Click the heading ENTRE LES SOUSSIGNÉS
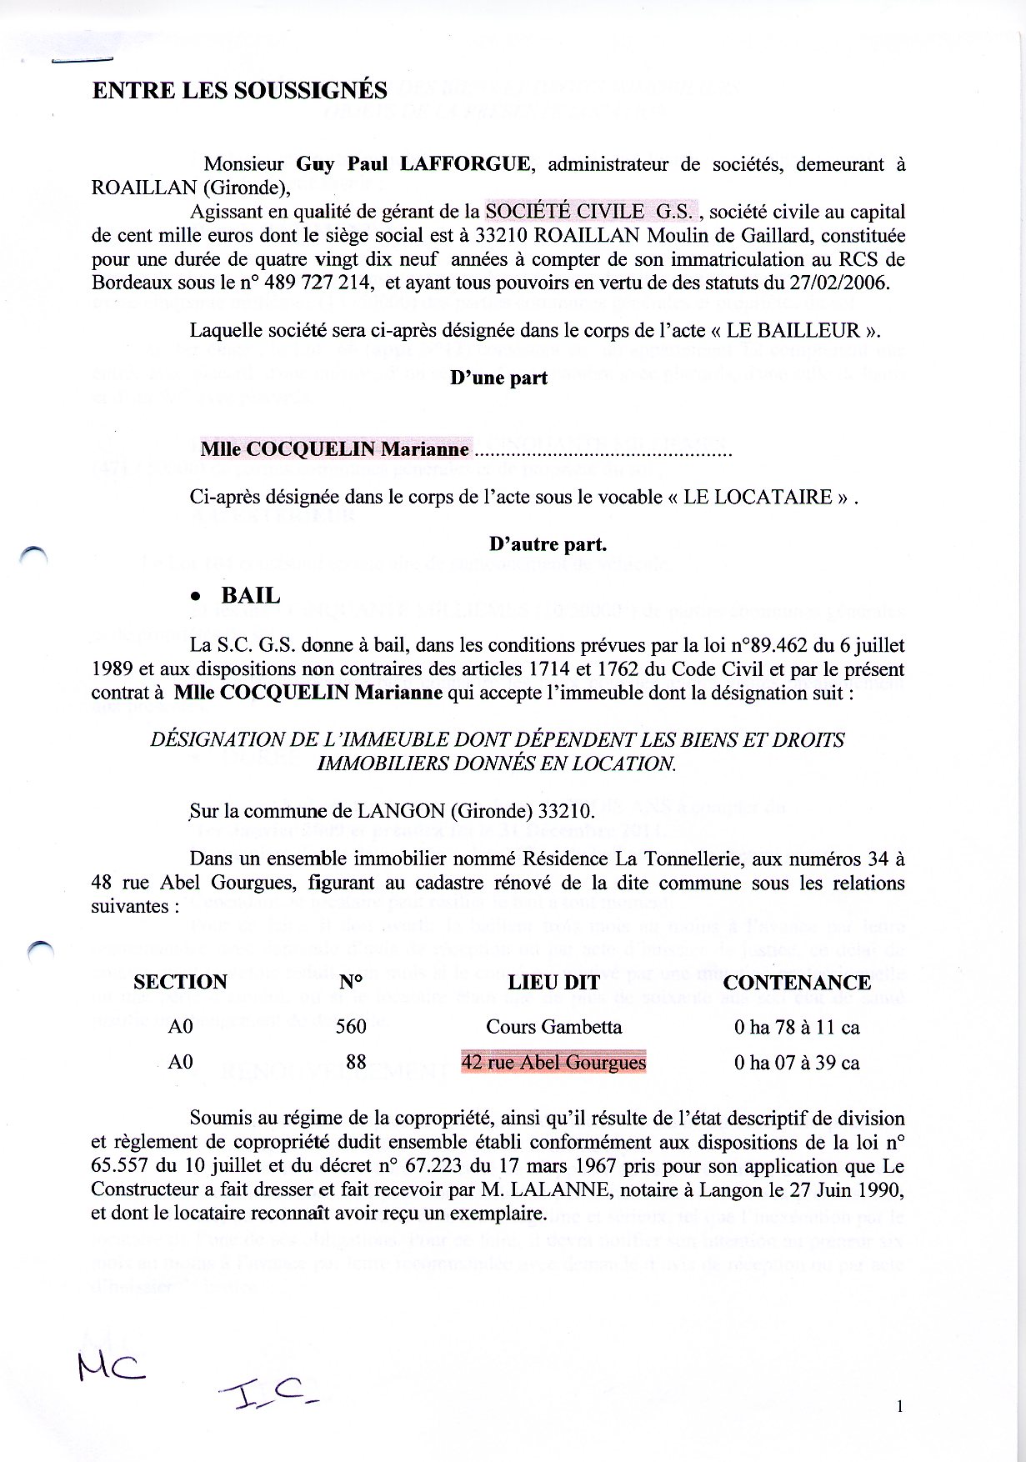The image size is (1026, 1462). point(239,91)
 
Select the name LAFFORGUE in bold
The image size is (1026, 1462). point(464,164)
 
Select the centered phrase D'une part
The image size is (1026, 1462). point(498,378)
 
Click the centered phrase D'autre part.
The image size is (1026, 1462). point(548,544)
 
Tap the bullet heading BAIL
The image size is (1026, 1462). point(250,595)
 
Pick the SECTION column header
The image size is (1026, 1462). point(180,982)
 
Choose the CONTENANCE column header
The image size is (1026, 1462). point(797,982)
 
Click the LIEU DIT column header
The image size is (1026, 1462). point(553,982)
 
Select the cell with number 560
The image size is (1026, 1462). point(351,1027)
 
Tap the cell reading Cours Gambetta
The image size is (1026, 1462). point(553,1027)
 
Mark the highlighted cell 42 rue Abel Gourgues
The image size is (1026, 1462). point(553,1063)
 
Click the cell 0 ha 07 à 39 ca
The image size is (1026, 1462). point(797,1063)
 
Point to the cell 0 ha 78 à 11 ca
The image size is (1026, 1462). point(797,1027)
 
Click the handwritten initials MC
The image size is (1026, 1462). point(111,1365)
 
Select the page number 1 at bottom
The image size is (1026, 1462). point(900,1407)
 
